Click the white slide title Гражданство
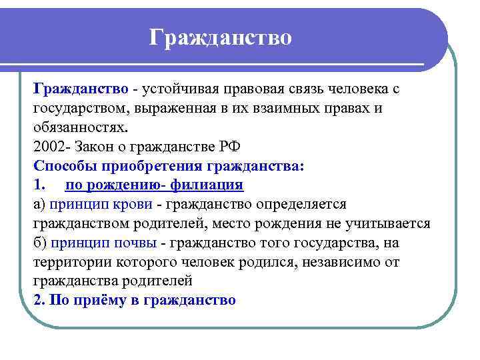click(220, 38)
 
